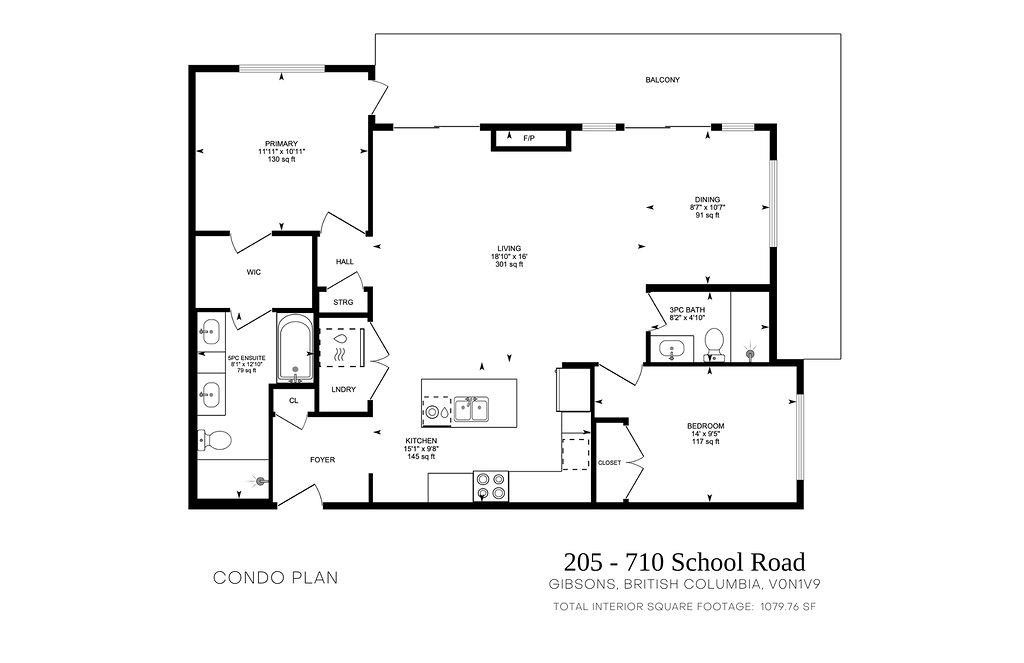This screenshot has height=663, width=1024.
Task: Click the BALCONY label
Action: click(x=662, y=80)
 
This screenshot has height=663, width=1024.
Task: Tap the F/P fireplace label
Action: click(x=529, y=138)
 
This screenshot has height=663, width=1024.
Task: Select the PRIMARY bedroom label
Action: click(x=282, y=144)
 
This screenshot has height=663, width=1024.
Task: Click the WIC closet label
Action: click(x=254, y=271)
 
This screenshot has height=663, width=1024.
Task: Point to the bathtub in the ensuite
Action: click(x=294, y=350)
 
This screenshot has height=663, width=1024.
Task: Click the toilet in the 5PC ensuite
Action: click(x=216, y=439)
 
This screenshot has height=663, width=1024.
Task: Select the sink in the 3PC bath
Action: click(x=671, y=349)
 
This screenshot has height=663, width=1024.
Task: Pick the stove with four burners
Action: click(x=491, y=485)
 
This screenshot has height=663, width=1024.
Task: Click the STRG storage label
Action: click(x=344, y=301)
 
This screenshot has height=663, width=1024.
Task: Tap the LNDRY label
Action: click(x=344, y=390)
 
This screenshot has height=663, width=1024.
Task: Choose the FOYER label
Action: click(x=322, y=460)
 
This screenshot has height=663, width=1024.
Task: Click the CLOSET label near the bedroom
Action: click(x=609, y=463)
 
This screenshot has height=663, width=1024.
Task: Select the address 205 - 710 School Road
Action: click(x=684, y=562)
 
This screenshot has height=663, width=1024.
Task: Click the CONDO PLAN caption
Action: click(x=276, y=578)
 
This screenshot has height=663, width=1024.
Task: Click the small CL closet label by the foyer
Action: click(x=294, y=400)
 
